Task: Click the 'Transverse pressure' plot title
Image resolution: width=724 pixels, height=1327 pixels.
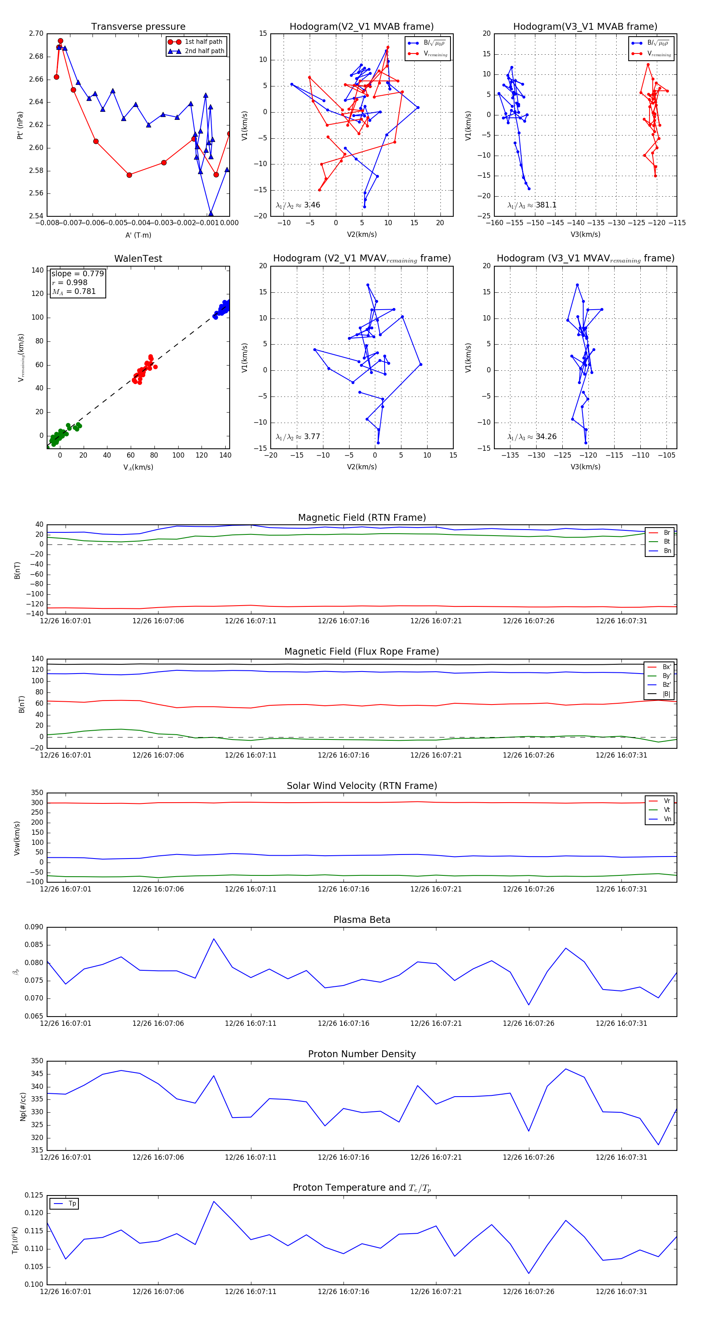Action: point(138,27)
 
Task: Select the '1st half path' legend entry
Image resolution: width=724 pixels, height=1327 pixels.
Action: point(203,42)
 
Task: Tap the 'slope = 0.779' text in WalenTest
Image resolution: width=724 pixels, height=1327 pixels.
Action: point(77,273)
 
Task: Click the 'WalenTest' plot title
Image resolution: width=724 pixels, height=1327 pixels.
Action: point(138,259)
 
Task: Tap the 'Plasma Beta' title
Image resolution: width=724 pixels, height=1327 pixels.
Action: point(362,920)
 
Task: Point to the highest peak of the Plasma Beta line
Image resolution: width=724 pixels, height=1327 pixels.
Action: point(214,939)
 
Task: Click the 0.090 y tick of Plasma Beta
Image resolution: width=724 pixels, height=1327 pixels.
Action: point(34,927)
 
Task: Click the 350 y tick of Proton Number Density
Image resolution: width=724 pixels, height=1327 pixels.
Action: point(37,1061)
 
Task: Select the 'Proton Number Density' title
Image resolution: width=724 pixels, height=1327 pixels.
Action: point(362,1054)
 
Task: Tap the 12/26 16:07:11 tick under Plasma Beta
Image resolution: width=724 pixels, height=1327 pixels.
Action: point(251,1023)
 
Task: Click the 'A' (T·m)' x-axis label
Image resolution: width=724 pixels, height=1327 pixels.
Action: point(138,235)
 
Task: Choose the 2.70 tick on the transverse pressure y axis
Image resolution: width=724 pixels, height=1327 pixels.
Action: point(36,33)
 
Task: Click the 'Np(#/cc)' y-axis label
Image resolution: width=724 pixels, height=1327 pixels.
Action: point(23,1107)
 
